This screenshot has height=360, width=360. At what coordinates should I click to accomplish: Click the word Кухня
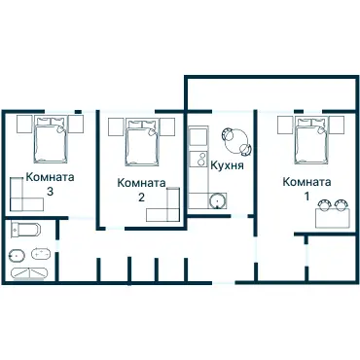(226, 165)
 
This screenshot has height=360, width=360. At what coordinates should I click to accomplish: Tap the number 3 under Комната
(50, 192)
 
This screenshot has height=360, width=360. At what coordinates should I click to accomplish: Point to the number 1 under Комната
(307, 196)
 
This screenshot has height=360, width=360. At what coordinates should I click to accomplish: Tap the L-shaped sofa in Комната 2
(167, 207)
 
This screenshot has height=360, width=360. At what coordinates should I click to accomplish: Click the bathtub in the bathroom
(24, 233)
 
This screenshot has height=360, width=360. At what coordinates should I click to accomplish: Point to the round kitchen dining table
(236, 142)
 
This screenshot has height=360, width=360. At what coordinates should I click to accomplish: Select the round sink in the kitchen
(216, 200)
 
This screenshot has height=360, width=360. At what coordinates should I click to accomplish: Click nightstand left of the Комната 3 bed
(21, 125)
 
